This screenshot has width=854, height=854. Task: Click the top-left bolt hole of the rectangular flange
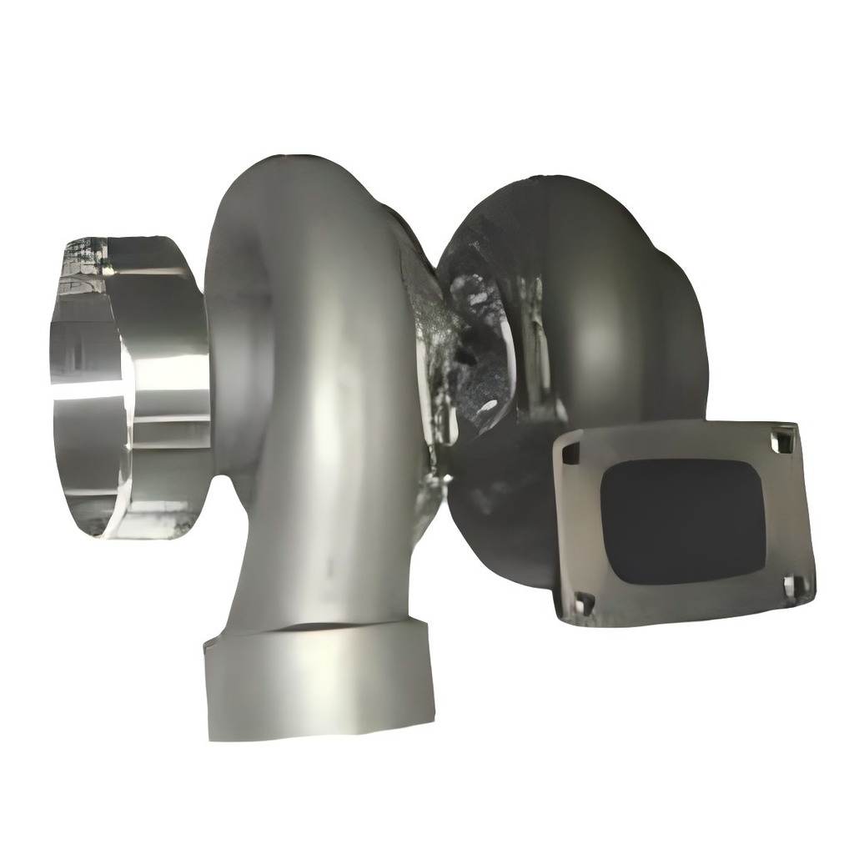(570, 454)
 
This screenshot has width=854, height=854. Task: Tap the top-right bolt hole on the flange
(782, 440)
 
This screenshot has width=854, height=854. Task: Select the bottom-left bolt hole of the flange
(584, 602)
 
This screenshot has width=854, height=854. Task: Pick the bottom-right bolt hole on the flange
(795, 587)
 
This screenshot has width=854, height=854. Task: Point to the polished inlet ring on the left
(125, 392)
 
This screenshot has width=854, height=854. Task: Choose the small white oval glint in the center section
(488, 407)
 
